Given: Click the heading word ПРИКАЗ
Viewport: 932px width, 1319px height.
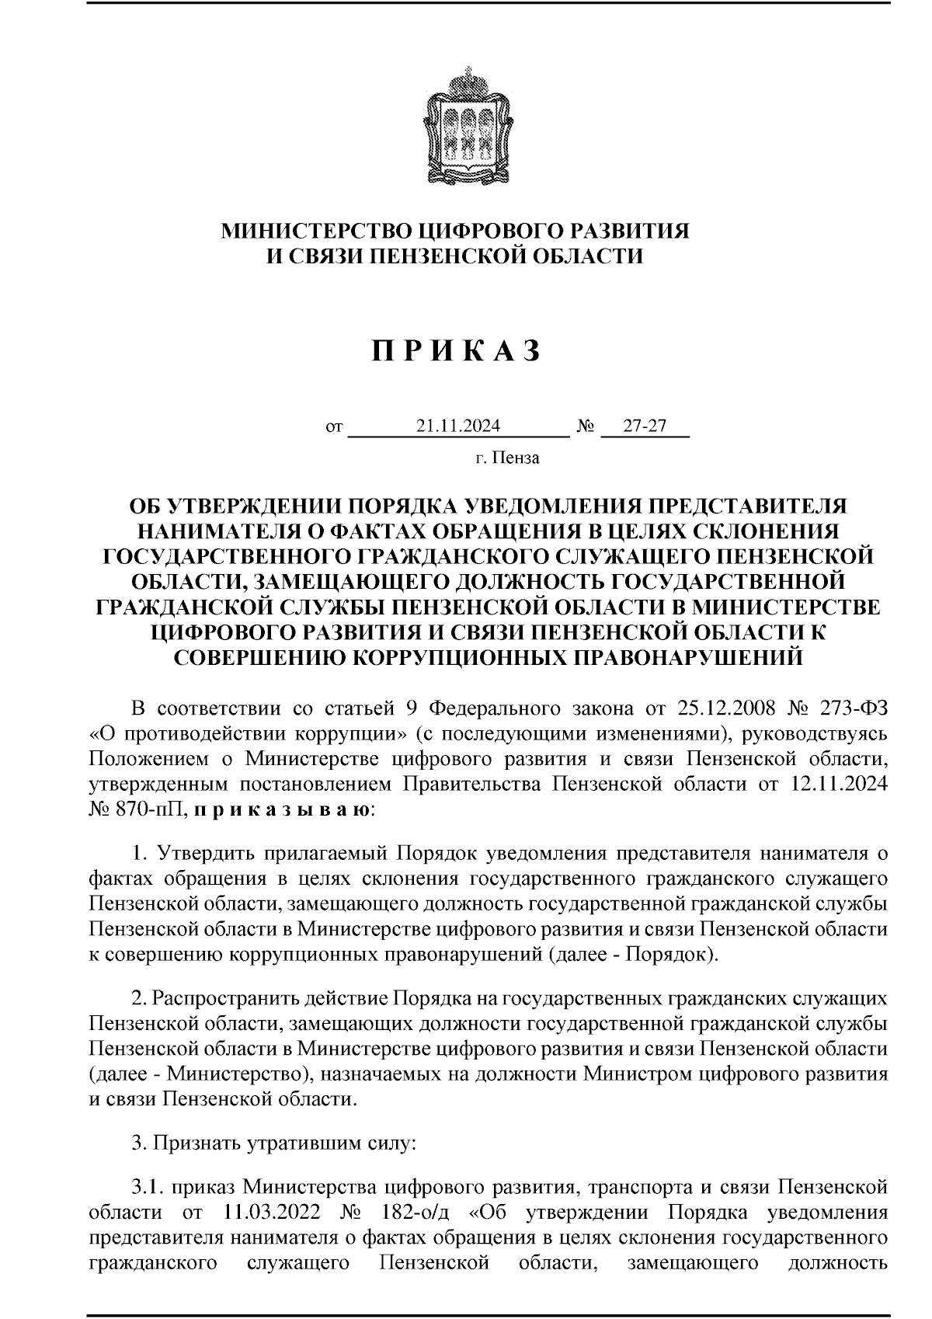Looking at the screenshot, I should click(x=456, y=352).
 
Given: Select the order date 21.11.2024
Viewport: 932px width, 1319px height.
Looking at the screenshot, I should click(x=457, y=426).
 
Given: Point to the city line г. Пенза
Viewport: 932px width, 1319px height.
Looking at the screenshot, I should click(x=507, y=458).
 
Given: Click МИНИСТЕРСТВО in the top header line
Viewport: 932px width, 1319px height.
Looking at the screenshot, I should click(x=315, y=231).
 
